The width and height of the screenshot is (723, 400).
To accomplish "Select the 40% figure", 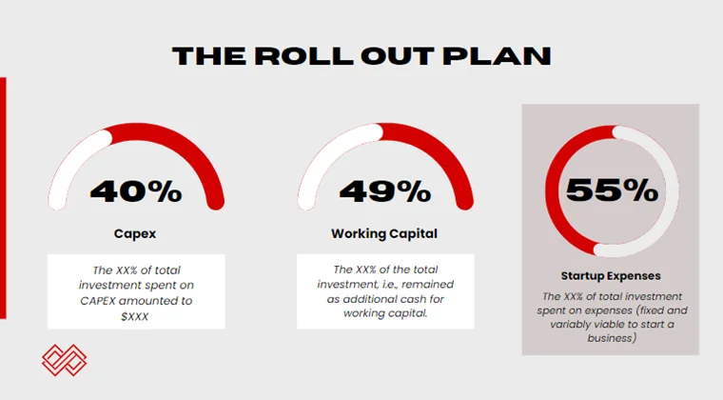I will coord(136,190).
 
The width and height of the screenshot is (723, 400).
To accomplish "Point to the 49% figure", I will coord(385,190).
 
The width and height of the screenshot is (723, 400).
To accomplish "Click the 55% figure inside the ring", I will coord(612,189).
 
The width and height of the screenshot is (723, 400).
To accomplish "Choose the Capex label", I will coord(136,233).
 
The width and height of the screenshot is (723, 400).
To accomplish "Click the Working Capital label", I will coord(384,233).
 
